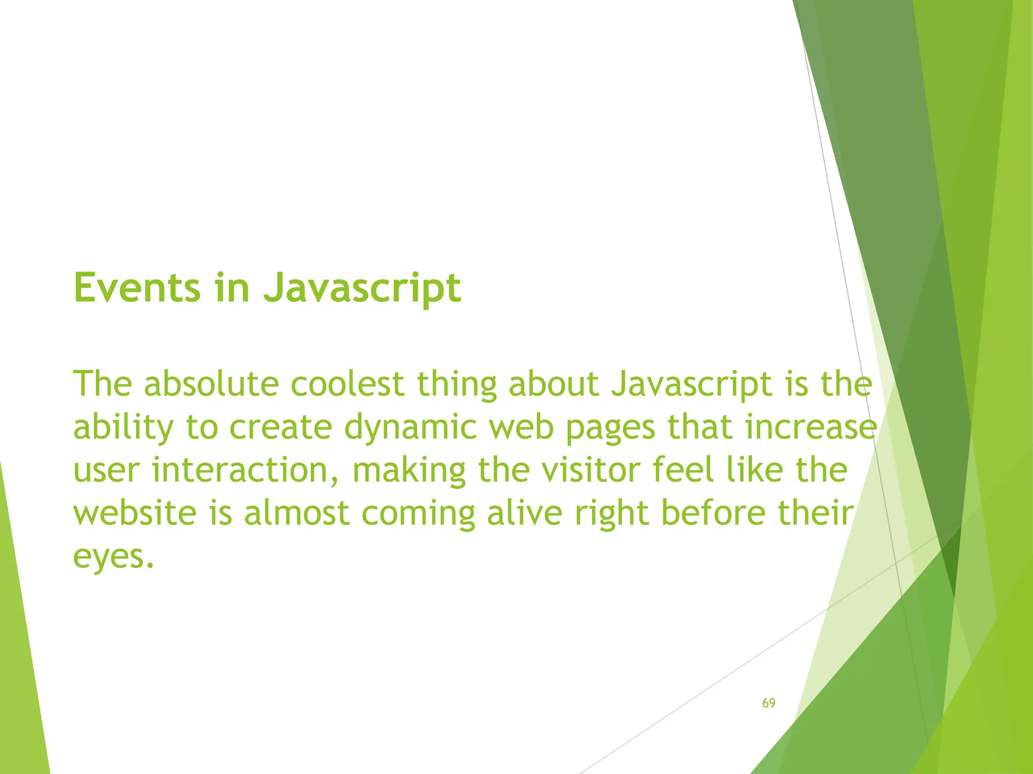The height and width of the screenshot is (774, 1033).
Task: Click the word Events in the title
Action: [137, 288]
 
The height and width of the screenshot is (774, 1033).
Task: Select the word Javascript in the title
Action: [362, 289]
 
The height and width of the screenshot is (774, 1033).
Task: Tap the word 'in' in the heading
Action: [232, 288]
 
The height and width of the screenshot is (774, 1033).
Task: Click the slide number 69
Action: [769, 703]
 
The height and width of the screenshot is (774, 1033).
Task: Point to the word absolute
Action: [211, 384]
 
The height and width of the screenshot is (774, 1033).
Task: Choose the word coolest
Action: [348, 384]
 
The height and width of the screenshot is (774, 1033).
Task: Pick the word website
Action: [135, 513]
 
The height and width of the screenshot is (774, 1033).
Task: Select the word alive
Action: [525, 513]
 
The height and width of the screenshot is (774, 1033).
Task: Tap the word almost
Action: [297, 513]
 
